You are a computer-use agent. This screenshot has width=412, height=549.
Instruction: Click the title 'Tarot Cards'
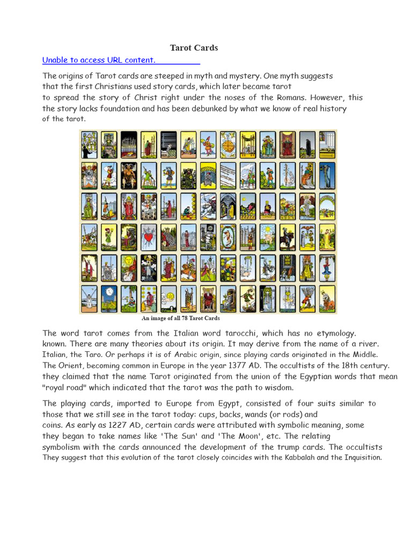(x=194, y=48)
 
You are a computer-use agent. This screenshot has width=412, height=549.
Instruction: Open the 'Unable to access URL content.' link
(x=99, y=60)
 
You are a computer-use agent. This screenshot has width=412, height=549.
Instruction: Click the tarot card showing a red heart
(x=149, y=236)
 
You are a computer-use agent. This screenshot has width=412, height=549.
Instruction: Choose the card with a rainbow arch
(x=327, y=206)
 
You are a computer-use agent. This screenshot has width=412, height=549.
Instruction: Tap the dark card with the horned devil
(x=129, y=175)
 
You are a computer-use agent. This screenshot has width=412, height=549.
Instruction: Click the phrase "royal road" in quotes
(x=68, y=388)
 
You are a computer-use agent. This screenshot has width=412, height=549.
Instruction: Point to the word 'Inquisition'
(x=358, y=457)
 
